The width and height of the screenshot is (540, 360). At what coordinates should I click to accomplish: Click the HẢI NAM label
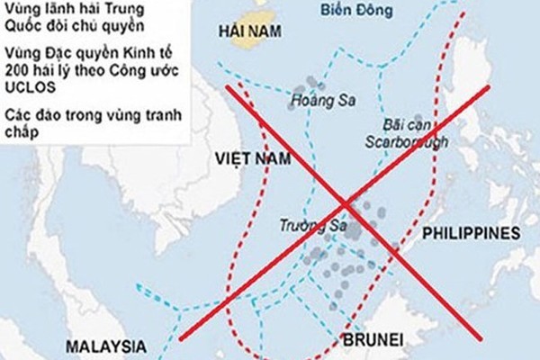coord(249,31)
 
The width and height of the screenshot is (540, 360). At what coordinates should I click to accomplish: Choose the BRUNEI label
coord(373,339)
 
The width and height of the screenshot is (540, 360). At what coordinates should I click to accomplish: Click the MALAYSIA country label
coord(105,346)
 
